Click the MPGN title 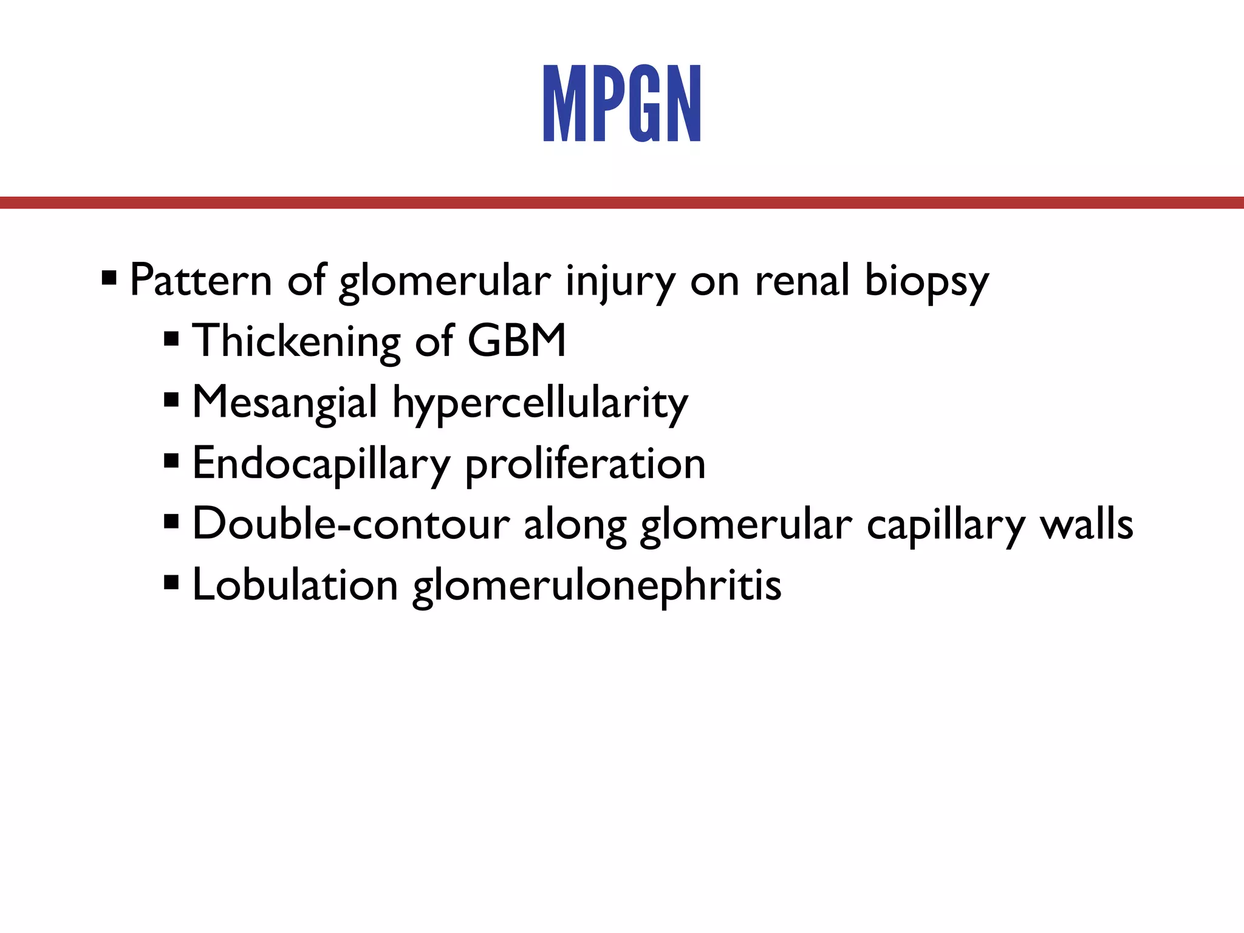pos(622,103)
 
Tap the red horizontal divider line pos(622,202)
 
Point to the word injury pos(620,281)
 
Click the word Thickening pos(296,341)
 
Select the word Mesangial pos(285,403)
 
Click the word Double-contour pos(350,524)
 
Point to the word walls pos(1086,524)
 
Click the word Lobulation pos(295,585)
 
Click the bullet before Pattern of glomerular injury pos(109,279)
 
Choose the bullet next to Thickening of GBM pos(171,339)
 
